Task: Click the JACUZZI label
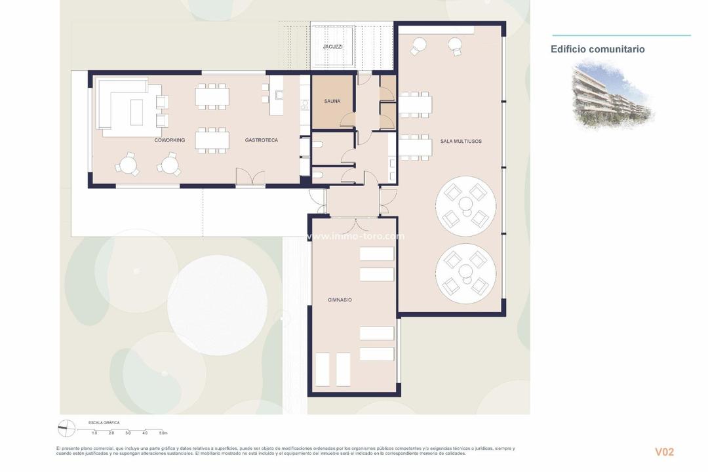pos(333,47)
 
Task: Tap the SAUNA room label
pos(332,102)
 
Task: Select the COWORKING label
pos(170,140)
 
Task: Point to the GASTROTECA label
pos(262,140)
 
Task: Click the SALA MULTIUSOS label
pos(461,142)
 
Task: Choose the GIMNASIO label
pos(340,300)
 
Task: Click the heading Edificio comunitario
pos(597,49)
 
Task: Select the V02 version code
pos(664,452)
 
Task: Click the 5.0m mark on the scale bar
pos(163,433)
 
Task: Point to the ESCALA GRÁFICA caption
pos(104,423)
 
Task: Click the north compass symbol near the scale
pos(67,429)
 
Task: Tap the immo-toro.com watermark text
pos(356,237)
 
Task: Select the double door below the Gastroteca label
pos(250,177)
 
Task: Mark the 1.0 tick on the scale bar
pos(94,433)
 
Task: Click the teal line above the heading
pos(621,35)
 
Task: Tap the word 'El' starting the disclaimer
pos(58,448)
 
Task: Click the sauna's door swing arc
pos(347,121)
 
